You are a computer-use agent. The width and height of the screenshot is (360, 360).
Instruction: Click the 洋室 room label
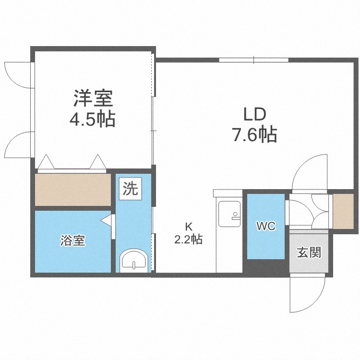[x=93, y=98]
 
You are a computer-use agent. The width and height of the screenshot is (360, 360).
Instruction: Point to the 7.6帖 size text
[x=254, y=135]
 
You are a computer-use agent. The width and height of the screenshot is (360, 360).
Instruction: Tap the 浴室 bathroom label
[x=73, y=240]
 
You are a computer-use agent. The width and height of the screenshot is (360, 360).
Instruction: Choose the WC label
[x=265, y=226]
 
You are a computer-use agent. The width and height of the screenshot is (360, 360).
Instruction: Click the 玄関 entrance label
[x=309, y=252]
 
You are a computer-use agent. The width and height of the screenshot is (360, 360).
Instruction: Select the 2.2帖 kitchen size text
[x=188, y=239]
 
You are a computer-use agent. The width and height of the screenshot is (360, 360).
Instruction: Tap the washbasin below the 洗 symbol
[x=133, y=262]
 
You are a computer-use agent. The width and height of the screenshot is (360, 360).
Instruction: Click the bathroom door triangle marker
[x=107, y=221]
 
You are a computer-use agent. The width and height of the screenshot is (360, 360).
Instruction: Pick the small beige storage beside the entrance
[x=342, y=210]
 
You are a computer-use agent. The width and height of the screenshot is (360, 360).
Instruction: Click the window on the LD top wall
[x=253, y=60]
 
